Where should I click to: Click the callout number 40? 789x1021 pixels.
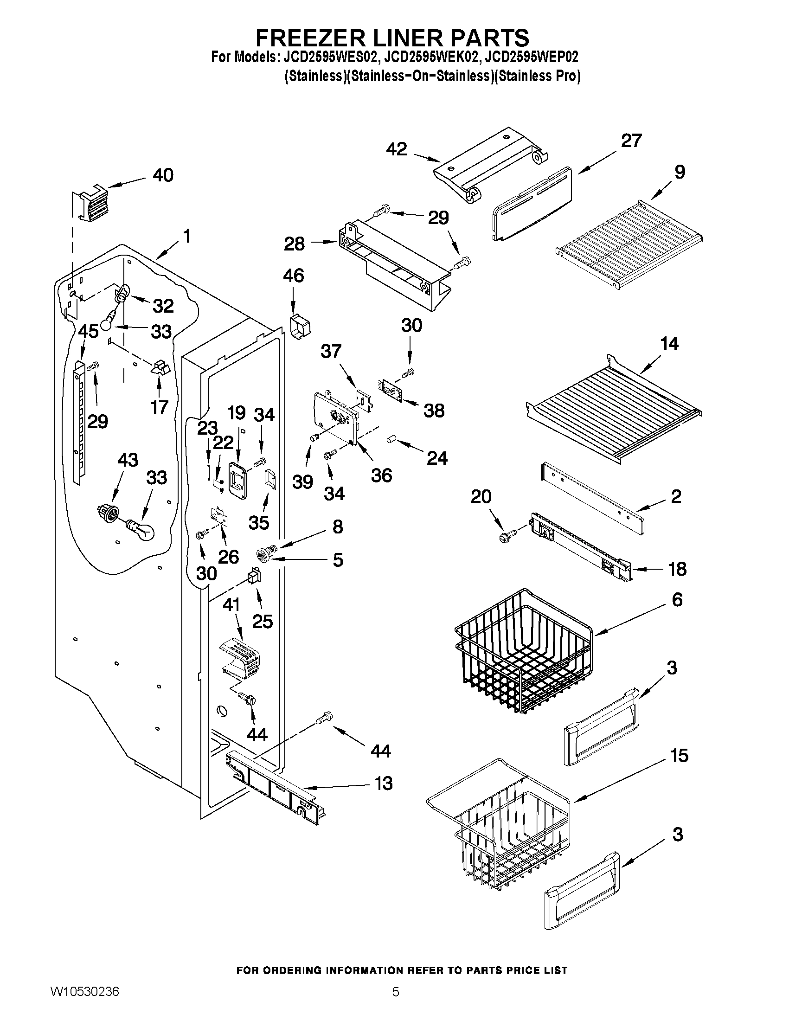click(163, 175)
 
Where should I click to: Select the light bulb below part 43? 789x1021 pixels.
click(141, 529)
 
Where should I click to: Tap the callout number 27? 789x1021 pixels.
click(631, 141)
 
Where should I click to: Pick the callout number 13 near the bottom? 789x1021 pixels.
click(384, 783)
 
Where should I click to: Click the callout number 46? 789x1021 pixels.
click(293, 276)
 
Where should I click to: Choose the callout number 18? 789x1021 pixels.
click(677, 569)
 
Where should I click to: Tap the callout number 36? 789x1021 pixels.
click(381, 475)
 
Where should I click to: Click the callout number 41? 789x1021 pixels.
click(231, 605)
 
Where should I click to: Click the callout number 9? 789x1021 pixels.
click(680, 172)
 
